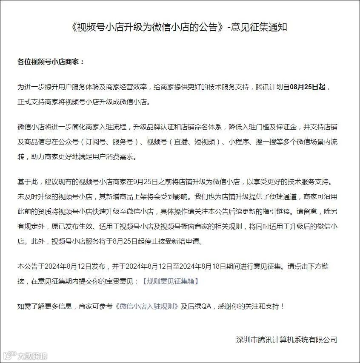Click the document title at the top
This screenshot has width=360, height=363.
pos(180,28)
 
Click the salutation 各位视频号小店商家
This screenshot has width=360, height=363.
pos(51,62)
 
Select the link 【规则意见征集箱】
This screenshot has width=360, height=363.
pos(170,281)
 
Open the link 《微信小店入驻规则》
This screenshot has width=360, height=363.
pos(147,306)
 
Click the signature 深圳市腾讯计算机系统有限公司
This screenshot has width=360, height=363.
pos(287,339)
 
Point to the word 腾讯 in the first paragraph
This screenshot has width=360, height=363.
pos(263,87)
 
